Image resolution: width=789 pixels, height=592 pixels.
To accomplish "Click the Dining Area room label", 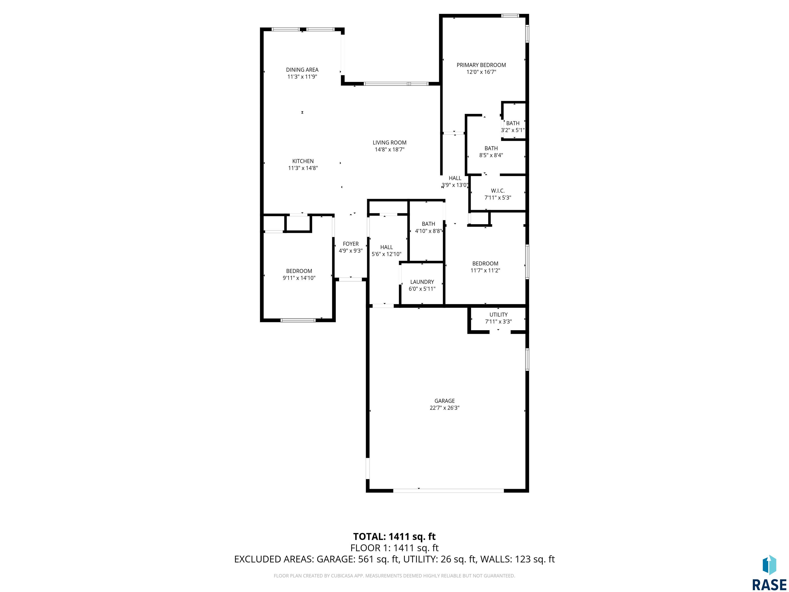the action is coord(302,70).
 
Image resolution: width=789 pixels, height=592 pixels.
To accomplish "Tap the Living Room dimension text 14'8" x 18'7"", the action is coord(390,150).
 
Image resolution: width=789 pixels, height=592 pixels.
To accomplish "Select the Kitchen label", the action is coord(303,161).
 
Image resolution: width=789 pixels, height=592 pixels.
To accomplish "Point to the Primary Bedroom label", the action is coord(481,65).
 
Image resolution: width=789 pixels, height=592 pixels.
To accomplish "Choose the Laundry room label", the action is coord(422,282).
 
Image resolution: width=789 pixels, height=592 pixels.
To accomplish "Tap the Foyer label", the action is coord(351,244).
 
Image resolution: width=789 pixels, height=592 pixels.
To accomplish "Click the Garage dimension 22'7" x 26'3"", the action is coord(444,408).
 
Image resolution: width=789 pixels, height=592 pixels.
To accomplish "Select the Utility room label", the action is coord(498,315).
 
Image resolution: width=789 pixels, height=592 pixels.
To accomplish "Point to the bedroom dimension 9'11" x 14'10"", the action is coord(299,278).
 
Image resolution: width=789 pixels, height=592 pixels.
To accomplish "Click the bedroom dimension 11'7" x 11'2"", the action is coord(485,271).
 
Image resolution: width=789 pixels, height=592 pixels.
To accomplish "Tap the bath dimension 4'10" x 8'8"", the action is coord(428,231).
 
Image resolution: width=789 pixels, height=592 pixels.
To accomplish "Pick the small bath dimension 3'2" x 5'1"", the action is coord(513,130).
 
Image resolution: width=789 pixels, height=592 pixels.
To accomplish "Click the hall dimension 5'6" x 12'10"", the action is coord(386,254).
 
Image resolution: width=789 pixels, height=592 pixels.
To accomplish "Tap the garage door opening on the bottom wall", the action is coord(448,491).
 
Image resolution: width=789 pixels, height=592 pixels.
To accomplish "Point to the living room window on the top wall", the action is coord(396,84).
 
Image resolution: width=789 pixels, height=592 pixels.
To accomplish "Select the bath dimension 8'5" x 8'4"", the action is coord(491,155).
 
